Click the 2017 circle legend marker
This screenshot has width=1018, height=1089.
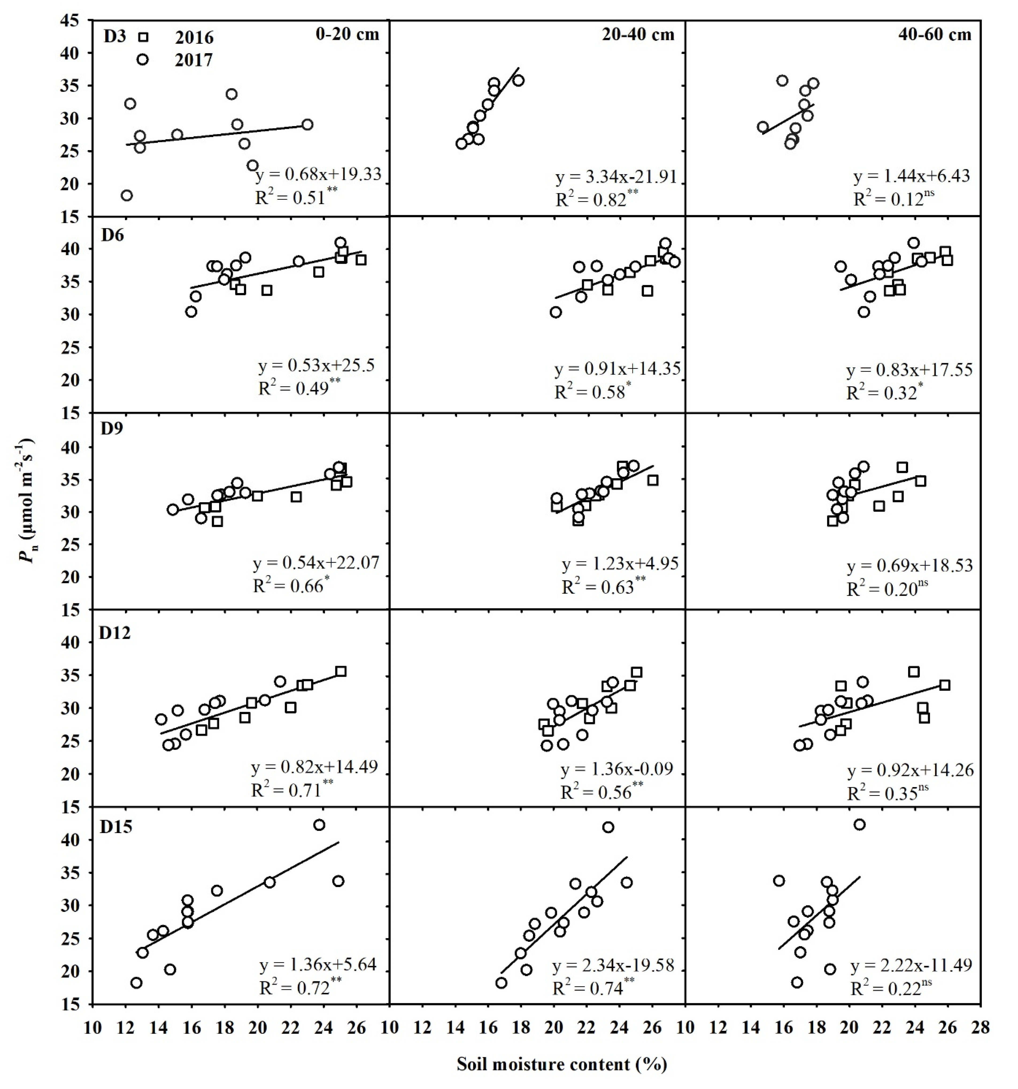(x=142, y=59)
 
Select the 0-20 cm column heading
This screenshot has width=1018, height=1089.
(x=347, y=34)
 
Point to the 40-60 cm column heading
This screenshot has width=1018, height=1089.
(x=935, y=34)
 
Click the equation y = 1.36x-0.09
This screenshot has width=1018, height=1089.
(x=617, y=769)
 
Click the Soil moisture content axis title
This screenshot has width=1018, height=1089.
(x=562, y=1064)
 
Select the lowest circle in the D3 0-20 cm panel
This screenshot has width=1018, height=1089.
(x=127, y=196)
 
